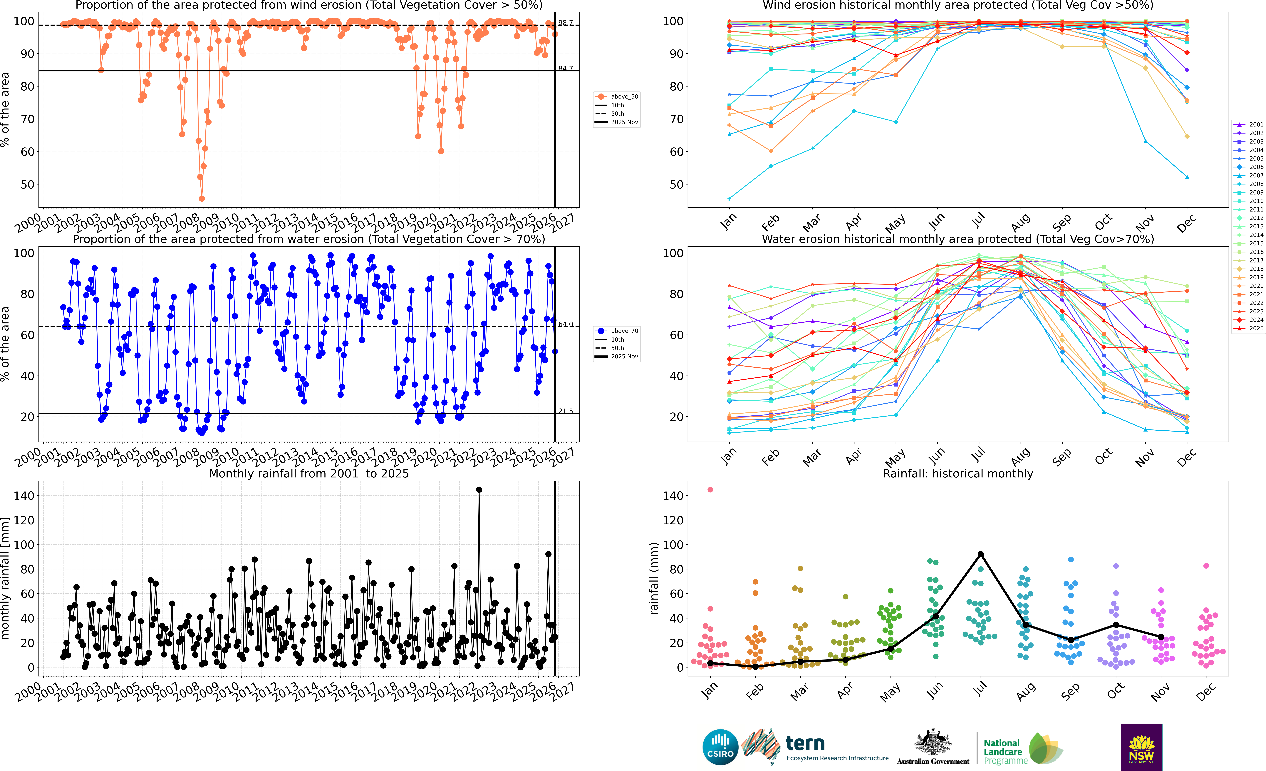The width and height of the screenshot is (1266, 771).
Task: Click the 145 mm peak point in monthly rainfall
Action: [x=479, y=490]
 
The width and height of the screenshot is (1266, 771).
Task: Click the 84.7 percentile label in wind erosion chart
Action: [x=566, y=68]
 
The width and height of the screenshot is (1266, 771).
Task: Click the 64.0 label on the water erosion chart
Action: [x=566, y=324]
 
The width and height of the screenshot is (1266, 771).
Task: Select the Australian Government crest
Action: [x=933, y=743]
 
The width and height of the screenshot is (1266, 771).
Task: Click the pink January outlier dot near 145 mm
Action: [x=710, y=490]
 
